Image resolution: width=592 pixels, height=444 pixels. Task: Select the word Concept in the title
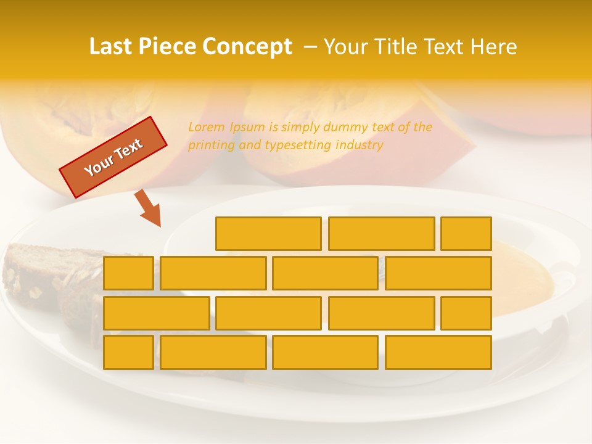[248, 47]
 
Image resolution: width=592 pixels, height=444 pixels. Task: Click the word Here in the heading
[494, 47]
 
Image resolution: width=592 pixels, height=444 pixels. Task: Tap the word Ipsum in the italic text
[247, 128]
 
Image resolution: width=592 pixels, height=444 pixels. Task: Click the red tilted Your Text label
[113, 157]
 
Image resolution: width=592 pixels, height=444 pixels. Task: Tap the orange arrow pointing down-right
[148, 208]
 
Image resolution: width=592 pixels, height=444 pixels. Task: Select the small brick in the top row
[466, 234]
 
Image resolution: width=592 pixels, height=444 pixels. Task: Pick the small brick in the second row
[128, 273]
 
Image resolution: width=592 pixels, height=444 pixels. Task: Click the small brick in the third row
[466, 313]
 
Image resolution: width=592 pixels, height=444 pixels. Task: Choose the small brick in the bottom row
[128, 353]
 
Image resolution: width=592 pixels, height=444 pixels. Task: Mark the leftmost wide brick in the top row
[268, 234]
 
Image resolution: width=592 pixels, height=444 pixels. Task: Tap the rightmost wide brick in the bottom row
[438, 353]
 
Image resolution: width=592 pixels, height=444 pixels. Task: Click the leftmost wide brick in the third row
[156, 313]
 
